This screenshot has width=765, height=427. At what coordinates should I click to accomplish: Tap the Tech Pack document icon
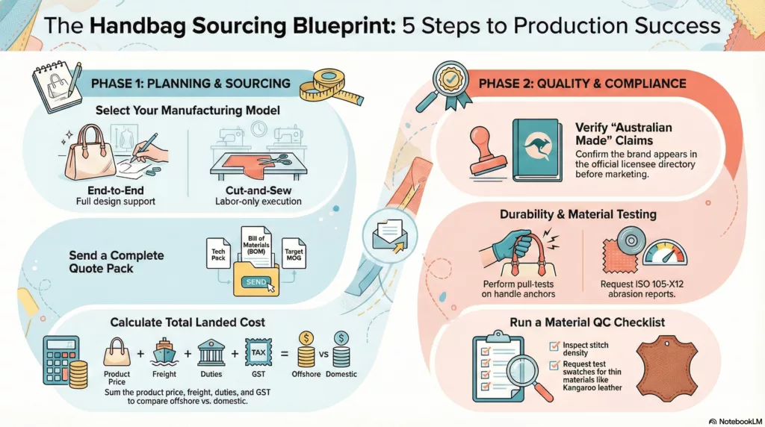218,253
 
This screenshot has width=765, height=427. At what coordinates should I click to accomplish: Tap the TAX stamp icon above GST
258,352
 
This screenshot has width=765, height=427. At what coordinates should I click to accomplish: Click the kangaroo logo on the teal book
538,146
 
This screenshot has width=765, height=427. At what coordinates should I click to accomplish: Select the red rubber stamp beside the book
488,148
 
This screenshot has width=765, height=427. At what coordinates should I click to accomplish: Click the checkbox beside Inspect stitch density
554,346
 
